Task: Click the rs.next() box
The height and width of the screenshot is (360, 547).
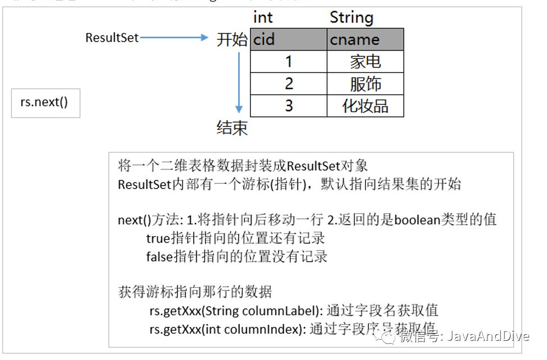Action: click(46, 104)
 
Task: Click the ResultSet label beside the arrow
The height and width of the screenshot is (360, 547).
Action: click(112, 38)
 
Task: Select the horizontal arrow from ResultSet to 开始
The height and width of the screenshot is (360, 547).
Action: click(174, 38)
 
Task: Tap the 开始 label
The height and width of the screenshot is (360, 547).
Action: click(232, 39)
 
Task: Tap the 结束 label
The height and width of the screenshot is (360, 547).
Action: click(232, 128)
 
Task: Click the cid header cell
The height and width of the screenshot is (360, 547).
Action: click(289, 39)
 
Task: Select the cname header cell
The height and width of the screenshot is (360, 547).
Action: click(365, 39)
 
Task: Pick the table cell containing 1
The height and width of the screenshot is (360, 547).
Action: click(289, 61)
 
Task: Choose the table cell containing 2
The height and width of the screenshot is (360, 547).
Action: click(289, 84)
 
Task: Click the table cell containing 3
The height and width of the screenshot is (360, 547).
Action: click(289, 106)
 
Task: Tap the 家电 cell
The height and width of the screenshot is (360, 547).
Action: click(365, 61)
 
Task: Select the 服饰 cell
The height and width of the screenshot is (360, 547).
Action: click(365, 84)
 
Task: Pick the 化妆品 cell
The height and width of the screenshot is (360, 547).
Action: click(365, 106)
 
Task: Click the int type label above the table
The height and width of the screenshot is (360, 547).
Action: click(263, 17)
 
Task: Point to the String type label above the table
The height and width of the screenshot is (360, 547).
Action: click(351, 17)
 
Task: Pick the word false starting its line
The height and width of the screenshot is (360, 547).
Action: click(159, 257)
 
